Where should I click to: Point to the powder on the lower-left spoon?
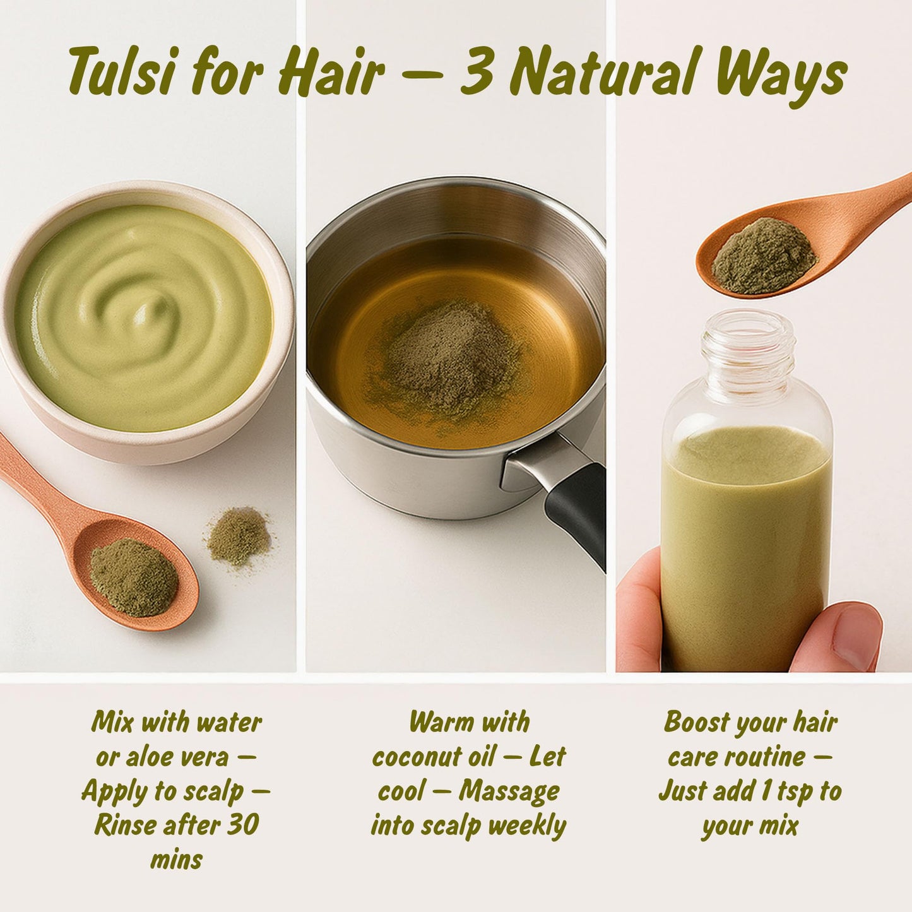(133, 577)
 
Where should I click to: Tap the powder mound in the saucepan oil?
(445, 360)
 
